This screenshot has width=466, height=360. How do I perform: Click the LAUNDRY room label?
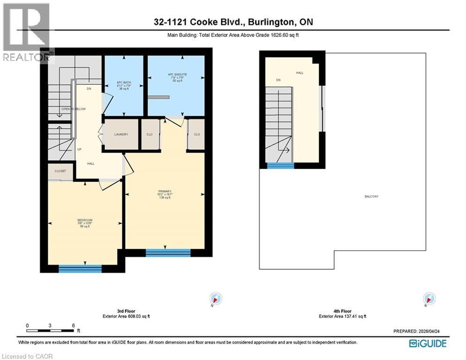(x=121, y=135)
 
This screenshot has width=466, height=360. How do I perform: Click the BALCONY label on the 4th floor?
(x=371, y=196)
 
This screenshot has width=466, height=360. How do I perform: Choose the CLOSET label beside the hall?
(x=60, y=171)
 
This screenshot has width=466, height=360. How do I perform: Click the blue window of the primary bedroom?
(x=168, y=253)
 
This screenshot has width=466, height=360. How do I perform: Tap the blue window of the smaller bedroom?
(x=80, y=269)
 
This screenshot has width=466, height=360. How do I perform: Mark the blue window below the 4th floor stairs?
(x=281, y=165)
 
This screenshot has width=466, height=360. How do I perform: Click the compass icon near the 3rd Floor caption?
(x=216, y=299)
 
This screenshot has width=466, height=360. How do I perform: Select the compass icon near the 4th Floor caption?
(x=429, y=299)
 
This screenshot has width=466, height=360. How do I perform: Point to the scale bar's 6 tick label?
(x=74, y=325)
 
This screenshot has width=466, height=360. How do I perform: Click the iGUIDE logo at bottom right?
(x=427, y=344)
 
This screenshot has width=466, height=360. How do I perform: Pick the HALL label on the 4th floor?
(x=299, y=73)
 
